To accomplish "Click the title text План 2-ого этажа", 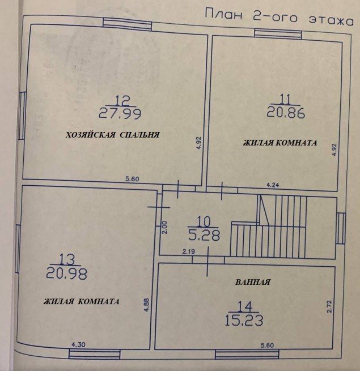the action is [279, 16].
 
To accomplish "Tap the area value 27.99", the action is [120, 113].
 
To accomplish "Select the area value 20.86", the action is [286, 112].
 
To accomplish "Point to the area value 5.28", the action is [204, 235].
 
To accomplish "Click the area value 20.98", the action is [66, 273].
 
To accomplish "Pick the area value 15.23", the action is [244, 321].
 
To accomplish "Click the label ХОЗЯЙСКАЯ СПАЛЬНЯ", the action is [112, 135].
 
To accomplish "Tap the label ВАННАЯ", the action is [253, 282].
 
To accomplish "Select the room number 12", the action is [122, 101].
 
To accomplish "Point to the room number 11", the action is [285, 99].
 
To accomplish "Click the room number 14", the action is [245, 307].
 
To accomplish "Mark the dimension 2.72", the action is [329, 306].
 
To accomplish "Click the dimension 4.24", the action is [273, 185].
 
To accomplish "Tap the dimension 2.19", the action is [189, 251].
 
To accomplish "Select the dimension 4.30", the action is [78, 345].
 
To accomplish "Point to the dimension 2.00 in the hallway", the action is [165, 227].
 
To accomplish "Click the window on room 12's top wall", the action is [127, 24].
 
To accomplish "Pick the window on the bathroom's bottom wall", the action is [247, 355].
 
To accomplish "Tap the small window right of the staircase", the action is [341, 229].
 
